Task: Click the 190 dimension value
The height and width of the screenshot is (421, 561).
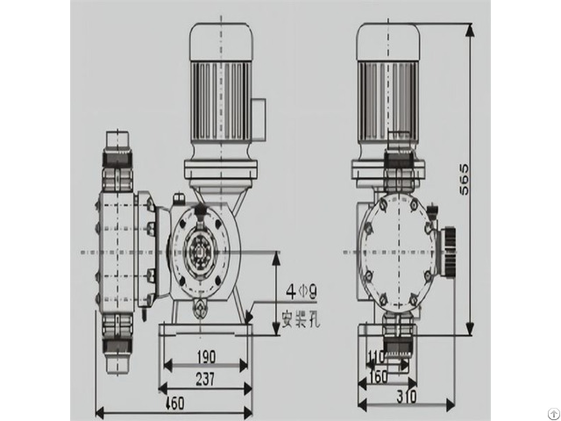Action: coord(205,357)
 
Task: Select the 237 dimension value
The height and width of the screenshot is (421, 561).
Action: coord(205,378)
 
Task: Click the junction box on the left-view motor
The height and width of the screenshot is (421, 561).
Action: coord(259,113)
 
